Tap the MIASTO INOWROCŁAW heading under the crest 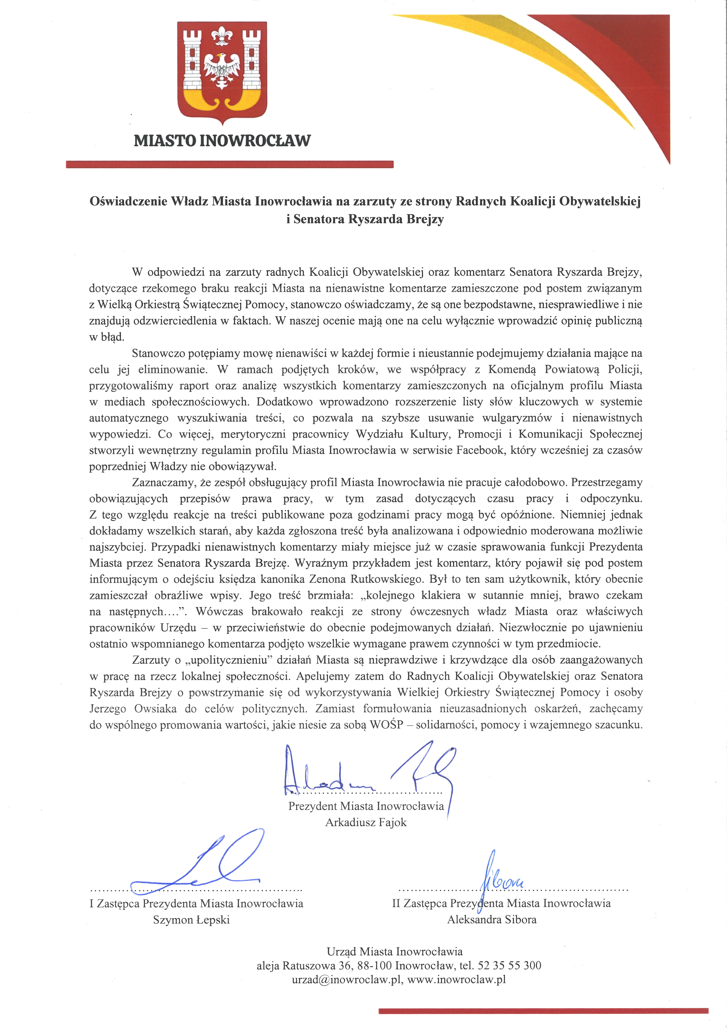point(222,141)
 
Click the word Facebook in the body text point(480,450)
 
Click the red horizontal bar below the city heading point(229,164)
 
